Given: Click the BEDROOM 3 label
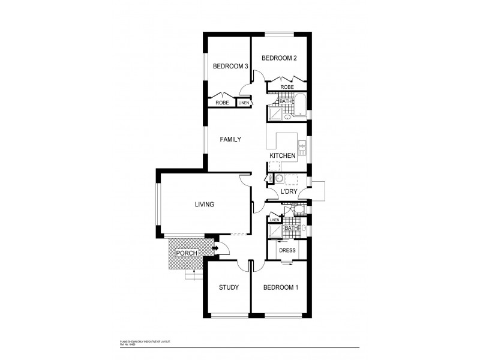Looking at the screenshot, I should pyautogui.click(x=230, y=67).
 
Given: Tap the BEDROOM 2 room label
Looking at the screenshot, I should pyautogui.click(x=279, y=58).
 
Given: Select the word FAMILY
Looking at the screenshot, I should pyautogui.click(x=230, y=139).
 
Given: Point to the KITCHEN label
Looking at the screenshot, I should pyautogui.click(x=282, y=156).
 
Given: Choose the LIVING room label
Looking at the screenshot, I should pyautogui.click(x=204, y=205).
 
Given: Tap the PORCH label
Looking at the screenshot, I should pyautogui.click(x=186, y=253).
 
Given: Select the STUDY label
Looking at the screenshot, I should pyautogui.click(x=229, y=287).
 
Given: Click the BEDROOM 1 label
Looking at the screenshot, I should pyautogui.click(x=281, y=287).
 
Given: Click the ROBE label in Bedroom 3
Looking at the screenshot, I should pyautogui.click(x=222, y=103).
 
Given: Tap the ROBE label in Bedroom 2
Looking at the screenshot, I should pyautogui.click(x=287, y=87).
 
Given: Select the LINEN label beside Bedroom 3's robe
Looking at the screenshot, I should pyautogui.click(x=244, y=103).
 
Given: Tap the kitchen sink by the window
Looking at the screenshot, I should pyautogui.click(x=303, y=145).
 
